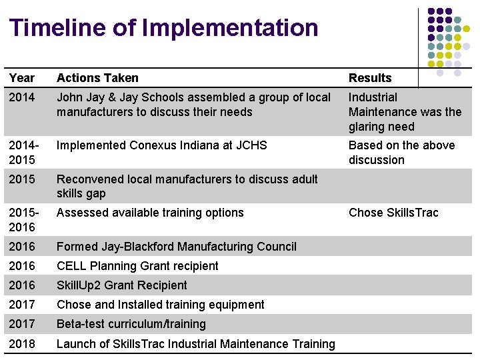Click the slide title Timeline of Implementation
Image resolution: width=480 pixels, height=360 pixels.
[164, 28]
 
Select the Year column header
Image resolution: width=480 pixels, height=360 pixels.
[22, 78]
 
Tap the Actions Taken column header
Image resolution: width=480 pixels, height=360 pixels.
[97, 78]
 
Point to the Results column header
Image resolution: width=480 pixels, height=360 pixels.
[370, 78]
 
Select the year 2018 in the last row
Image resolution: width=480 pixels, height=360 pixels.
[22, 344]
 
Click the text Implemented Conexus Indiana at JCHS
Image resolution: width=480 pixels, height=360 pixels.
[161, 145]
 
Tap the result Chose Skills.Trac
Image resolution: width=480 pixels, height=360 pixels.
[393, 213]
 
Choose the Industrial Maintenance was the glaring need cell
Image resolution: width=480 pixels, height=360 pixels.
[405, 112]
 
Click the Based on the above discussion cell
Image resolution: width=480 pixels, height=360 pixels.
[401, 153]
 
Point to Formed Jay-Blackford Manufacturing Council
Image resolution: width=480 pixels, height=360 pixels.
[177, 247]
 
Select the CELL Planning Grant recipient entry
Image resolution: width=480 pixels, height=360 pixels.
[137, 266]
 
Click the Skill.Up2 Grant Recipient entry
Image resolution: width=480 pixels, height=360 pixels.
[122, 285]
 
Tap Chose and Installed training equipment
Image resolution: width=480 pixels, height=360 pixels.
[161, 305]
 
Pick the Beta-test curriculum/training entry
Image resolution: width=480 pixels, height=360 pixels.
[131, 324]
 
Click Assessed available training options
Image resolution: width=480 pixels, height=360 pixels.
[150, 213]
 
